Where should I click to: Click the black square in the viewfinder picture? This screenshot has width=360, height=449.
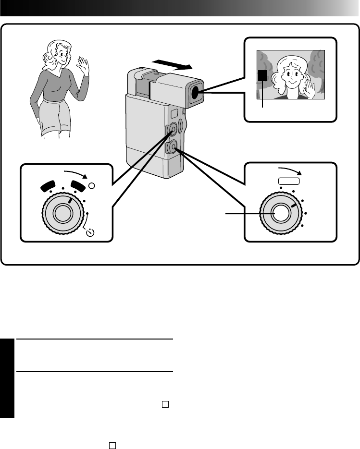(x=262, y=76)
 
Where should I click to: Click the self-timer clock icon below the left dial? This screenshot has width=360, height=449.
(x=91, y=234)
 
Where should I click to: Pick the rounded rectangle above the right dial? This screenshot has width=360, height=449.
(x=288, y=181)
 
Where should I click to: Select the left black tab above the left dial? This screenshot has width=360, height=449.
(x=49, y=185)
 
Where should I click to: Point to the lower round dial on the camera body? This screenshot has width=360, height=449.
(x=173, y=148)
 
